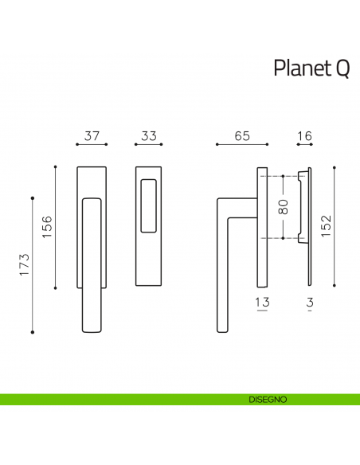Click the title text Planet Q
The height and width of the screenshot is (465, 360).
(x=311, y=68)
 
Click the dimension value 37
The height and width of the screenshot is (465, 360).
(x=92, y=136)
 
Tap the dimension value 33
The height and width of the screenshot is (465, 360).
(x=148, y=136)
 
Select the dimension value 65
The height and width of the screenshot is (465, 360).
(x=243, y=136)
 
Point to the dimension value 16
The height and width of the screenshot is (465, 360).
(x=304, y=136)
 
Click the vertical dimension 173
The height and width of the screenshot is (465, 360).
(x=25, y=264)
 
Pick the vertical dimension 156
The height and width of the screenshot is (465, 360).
(x=47, y=227)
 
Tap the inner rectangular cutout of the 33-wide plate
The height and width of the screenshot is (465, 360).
(x=148, y=206)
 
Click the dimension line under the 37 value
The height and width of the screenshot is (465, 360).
(x=92, y=145)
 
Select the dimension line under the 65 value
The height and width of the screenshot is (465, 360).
(x=243, y=145)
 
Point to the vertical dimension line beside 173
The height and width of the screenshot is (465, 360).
(x=33, y=264)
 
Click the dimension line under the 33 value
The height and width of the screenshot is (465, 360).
(x=148, y=145)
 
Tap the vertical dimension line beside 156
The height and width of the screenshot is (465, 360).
(x=55, y=227)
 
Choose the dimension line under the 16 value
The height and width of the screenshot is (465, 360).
(x=304, y=145)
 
